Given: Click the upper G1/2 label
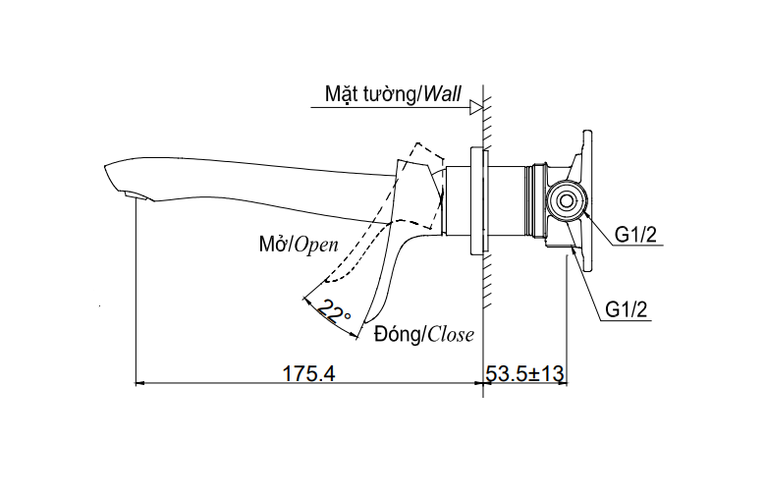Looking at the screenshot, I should [635, 233].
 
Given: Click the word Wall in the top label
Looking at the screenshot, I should [444, 94].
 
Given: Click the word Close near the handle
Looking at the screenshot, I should [451, 335].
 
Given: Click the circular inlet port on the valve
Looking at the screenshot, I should [565, 201].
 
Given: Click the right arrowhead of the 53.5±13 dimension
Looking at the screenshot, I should [565, 383].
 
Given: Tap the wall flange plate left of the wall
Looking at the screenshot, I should [478, 201].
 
